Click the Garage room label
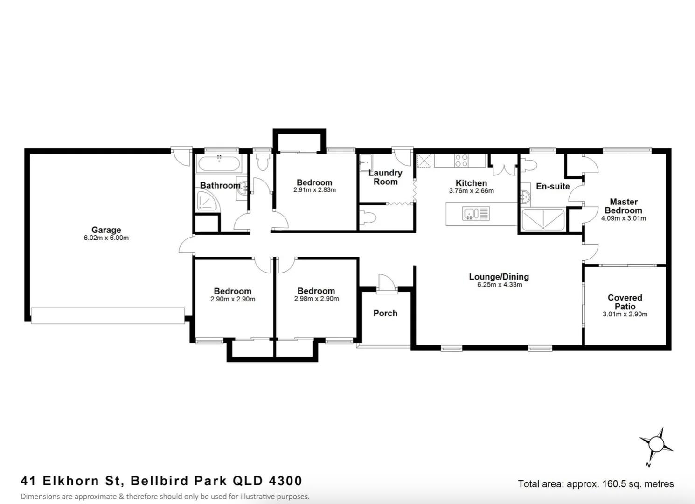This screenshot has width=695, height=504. point(106,230)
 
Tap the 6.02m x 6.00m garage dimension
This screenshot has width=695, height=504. point(106,238)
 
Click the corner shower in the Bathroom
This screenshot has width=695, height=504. point(207,201)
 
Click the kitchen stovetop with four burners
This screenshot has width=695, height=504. point(461,161)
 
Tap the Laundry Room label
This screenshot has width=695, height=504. point(385,177)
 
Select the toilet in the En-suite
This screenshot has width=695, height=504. point(530,164)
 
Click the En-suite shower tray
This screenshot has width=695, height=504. point(543,220)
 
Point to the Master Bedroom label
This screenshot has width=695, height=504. point(624,206)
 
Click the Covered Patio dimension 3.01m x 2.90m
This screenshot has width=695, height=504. point(625,315)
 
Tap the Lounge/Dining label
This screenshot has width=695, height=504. point(499,277)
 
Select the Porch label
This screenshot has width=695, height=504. point(385,313)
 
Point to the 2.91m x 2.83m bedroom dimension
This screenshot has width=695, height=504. point(314,190)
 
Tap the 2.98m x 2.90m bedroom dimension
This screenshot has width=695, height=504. point(316,299)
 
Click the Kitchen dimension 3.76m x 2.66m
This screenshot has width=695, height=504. point(471,191)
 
